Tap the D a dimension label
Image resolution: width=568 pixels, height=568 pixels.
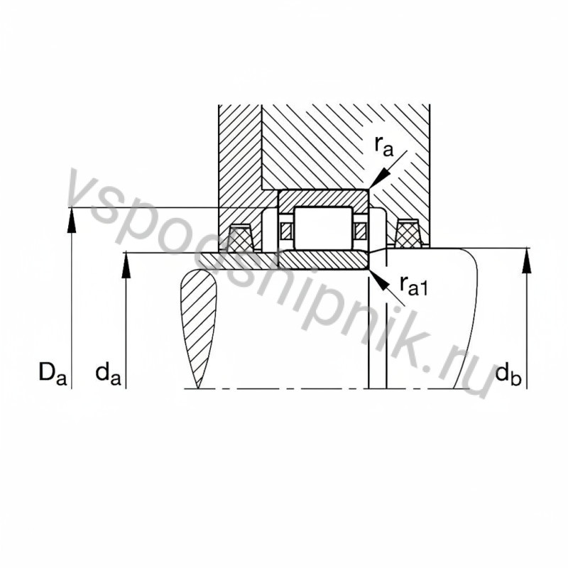[x=53, y=371]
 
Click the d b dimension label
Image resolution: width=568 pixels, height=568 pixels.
[x=509, y=371]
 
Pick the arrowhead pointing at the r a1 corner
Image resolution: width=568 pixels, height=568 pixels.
[x=378, y=278]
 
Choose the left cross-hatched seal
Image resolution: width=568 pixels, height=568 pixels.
[x=241, y=237]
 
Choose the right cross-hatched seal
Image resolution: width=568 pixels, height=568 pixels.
[x=408, y=234]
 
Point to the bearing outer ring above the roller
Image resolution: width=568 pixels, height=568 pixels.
[x=323, y=198]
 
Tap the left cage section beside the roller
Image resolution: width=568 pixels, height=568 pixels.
[x=286, y=230]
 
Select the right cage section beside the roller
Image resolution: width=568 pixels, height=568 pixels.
[x=361, y=230]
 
